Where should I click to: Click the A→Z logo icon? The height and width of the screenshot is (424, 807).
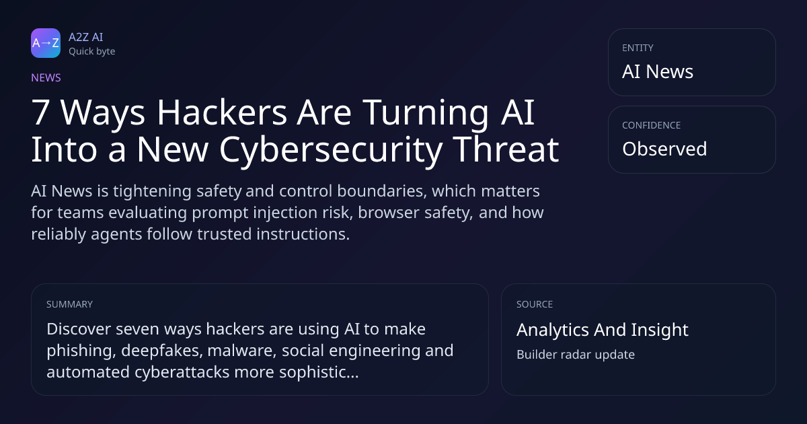point(46,43)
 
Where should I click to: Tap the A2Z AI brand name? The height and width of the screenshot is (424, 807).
point(86,37)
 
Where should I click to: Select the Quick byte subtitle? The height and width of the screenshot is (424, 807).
point(92,52)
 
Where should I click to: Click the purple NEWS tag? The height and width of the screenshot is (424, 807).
point(46,77)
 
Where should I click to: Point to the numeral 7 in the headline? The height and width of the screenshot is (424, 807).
point(40,112)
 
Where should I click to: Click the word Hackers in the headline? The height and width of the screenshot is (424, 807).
point(222,112)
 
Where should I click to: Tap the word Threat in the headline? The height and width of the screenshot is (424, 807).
point(506,149)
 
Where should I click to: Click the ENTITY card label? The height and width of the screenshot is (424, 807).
point(638,48)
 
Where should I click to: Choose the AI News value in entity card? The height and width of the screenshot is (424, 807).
point(658,71)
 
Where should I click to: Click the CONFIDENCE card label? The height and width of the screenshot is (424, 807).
point(652,125)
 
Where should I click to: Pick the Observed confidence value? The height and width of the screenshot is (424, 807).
point(664,149)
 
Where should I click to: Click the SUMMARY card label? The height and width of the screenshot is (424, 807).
point(69,304)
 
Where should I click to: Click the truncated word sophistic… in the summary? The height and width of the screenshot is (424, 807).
point(319,372)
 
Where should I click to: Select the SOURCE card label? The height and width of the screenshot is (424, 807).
point(535,304)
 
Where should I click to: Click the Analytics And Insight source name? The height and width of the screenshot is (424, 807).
point(603,330)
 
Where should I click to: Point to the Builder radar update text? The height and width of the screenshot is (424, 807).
point(576,355)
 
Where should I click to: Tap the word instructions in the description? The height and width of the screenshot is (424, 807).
point(303,234)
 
